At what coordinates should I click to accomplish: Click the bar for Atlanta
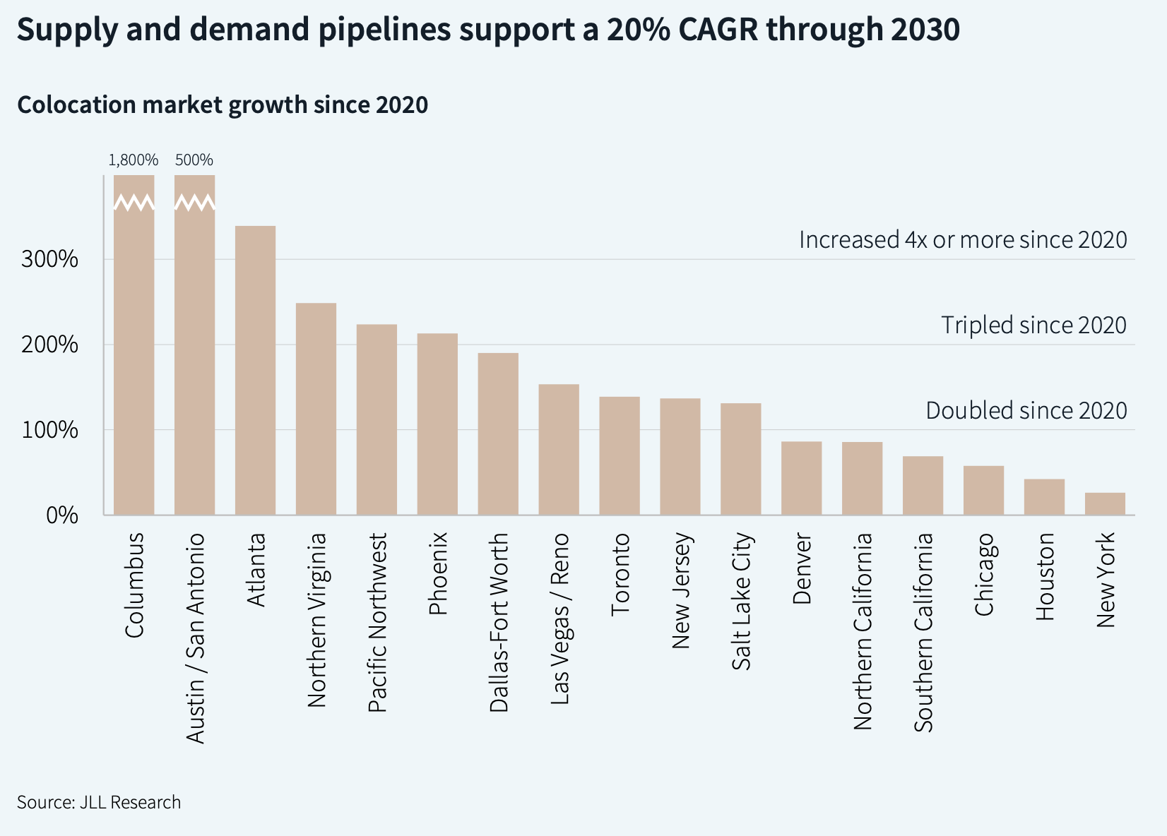tap(255, 370)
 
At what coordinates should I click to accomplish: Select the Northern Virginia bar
tap(316, 409)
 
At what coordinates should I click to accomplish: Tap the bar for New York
tap(1105, 503)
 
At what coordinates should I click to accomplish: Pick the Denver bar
tap(801, 478)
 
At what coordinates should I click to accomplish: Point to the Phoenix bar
tap(437, 424)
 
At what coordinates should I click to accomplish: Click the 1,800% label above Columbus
tap(134, 160)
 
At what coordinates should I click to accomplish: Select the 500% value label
tap(194, 160)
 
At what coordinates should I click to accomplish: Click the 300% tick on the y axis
tap(49, 259)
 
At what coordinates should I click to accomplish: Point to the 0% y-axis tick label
tap(62, 515)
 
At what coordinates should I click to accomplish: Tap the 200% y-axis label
tap(49, 345)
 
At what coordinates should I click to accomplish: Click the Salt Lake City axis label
tap(742, 601)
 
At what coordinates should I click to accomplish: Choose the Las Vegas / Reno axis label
tap(559, 619)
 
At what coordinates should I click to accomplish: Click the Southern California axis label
tap(923, 632)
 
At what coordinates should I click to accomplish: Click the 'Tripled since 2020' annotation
tap(1033, 325)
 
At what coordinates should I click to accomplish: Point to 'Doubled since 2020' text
tap(1026, 410)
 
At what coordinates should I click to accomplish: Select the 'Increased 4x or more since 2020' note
tap(963, 240)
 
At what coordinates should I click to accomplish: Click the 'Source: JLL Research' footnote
tap(99, 802)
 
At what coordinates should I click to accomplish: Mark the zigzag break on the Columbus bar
tap(134, 203)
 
